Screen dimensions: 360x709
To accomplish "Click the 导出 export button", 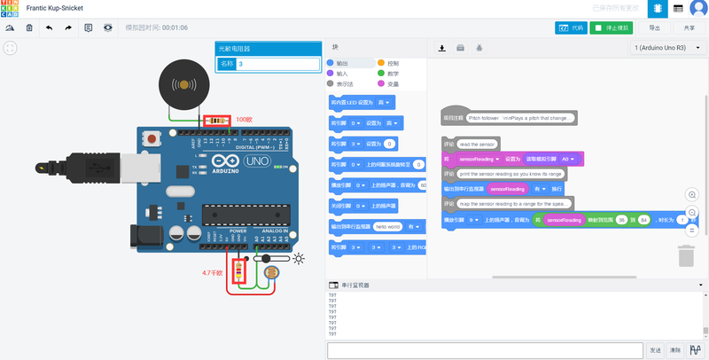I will (x=655, y=27).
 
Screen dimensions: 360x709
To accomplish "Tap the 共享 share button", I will (x=690, y=27).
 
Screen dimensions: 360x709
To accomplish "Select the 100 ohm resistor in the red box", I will (x=217, y=121).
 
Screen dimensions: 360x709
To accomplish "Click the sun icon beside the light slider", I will (x=300, y=259).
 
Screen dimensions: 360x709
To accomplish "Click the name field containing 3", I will (x=277, y=64).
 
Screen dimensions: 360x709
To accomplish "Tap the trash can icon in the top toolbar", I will (x=29, y=27).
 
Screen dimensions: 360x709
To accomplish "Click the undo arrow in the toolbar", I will (x=48, y=27).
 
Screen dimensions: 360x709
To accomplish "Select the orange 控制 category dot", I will (x=381, y=63).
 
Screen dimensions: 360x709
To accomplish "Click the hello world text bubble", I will (x=387, y=226).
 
